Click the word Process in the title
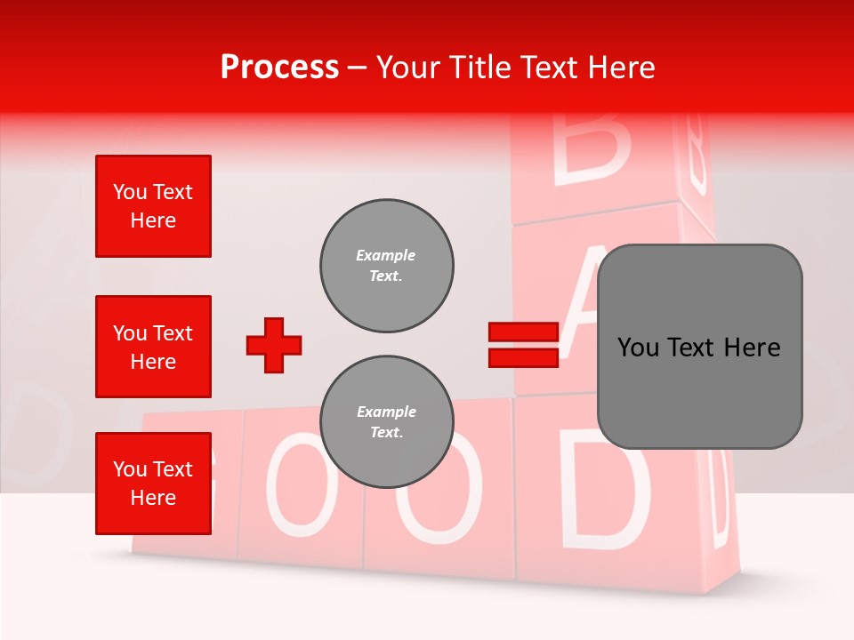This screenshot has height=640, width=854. click(279, 68)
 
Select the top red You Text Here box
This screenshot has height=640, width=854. click(153, 206)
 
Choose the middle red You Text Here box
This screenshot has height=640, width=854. click(153, 347)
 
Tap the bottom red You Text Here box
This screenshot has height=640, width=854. click(153, 484)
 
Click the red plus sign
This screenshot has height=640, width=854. click(274, 345)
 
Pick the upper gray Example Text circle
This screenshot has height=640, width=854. click(386, 266)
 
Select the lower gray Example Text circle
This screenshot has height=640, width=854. click(386, 422)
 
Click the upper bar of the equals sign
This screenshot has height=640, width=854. click(523, 332)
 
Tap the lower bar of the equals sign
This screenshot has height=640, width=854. click(523, 357)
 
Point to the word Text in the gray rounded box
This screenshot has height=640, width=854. click(698, 348)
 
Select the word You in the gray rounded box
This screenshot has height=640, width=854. click(639, 348)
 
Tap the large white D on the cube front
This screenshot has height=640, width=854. click(603, 489)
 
